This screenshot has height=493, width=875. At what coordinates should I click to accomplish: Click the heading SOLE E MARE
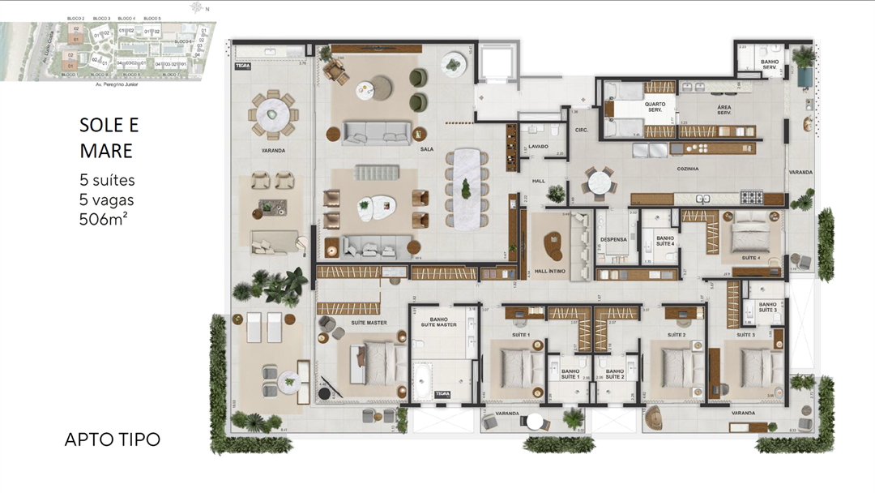coord(109,138)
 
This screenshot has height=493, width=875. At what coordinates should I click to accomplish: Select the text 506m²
coord(103,218)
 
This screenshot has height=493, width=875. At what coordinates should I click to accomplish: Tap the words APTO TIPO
coord(112,439)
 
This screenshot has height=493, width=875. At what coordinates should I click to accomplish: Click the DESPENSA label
coord(612,239)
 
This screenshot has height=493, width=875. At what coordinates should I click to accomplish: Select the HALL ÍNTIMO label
coord(551,271)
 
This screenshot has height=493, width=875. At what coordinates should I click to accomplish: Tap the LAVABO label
coord(538,147)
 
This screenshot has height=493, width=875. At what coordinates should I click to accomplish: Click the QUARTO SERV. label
coord(654,106)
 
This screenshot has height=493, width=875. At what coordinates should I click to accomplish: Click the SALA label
coord(426,150)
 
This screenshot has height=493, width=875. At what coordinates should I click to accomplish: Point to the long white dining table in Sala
coord(466,187)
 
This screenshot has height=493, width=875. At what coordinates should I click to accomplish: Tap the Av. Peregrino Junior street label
coord(109,84)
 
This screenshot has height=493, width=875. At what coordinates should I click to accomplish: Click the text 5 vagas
coord(107,199)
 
